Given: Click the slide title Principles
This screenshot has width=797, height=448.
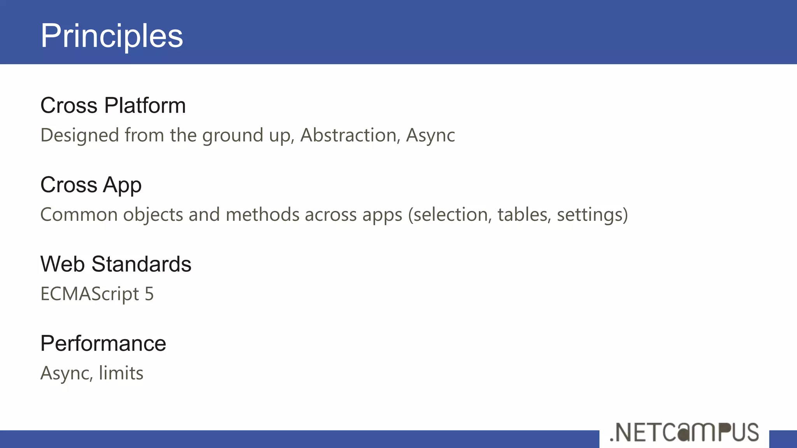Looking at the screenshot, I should pos(112,36).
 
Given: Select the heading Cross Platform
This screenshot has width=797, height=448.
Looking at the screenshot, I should pos(113,105).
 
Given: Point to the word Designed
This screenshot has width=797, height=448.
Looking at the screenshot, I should pos(80,135).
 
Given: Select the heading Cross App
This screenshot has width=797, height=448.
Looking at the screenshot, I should pos(91,185).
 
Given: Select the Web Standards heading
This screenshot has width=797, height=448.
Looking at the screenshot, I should pos(116,264).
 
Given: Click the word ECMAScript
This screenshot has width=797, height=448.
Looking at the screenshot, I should pos(90,294).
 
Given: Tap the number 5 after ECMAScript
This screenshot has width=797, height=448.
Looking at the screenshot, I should pos(149,294).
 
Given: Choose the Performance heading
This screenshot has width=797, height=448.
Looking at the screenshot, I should pos(103,343).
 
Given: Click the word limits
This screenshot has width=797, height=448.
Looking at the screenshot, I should pos(121,373).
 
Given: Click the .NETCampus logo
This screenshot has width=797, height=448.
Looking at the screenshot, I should pos(684,432).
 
